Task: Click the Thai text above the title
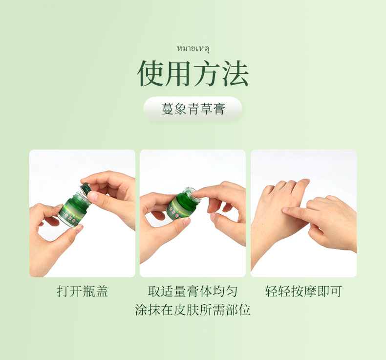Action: [193, 48]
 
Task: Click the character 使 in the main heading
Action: [150, 73]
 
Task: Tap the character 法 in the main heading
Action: [236, 73]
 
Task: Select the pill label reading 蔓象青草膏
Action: [193, 109]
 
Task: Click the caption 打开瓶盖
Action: [82, 292]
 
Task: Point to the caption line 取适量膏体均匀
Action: [193, 292]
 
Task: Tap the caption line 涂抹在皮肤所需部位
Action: [193, 310]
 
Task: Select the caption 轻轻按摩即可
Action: [303, 292]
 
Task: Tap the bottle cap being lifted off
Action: [86, 188]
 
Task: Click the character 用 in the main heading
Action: [178, 73]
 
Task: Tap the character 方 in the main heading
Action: [207, 73]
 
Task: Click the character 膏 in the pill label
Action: [219, 109]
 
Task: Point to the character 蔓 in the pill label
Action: [167, 109]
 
